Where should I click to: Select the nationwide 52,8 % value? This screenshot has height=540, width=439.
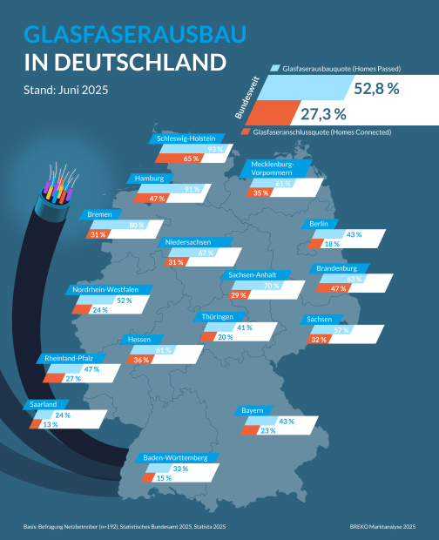(x=376, y=88)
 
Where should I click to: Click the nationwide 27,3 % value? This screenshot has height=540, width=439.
(x=323, y=113)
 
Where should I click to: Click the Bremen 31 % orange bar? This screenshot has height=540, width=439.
(x=97, y=234)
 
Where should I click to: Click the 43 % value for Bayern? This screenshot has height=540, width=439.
(x=286, y=421)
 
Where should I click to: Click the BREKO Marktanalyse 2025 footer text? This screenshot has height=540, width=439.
(x=382, y=526)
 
